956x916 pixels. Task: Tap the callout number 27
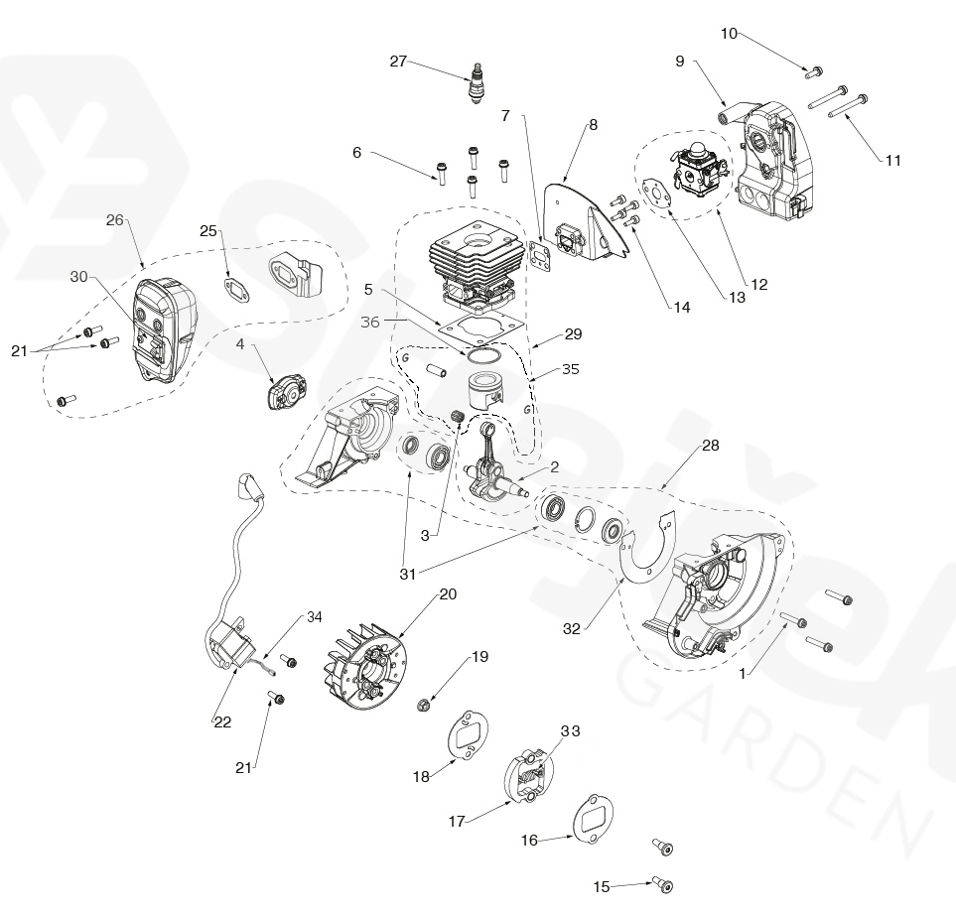click(398, 62)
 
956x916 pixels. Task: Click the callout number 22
click(222, 722)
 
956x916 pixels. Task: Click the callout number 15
click(602, 886)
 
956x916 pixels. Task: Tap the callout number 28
click(710, 446)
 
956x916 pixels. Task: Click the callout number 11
click(893, 160)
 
